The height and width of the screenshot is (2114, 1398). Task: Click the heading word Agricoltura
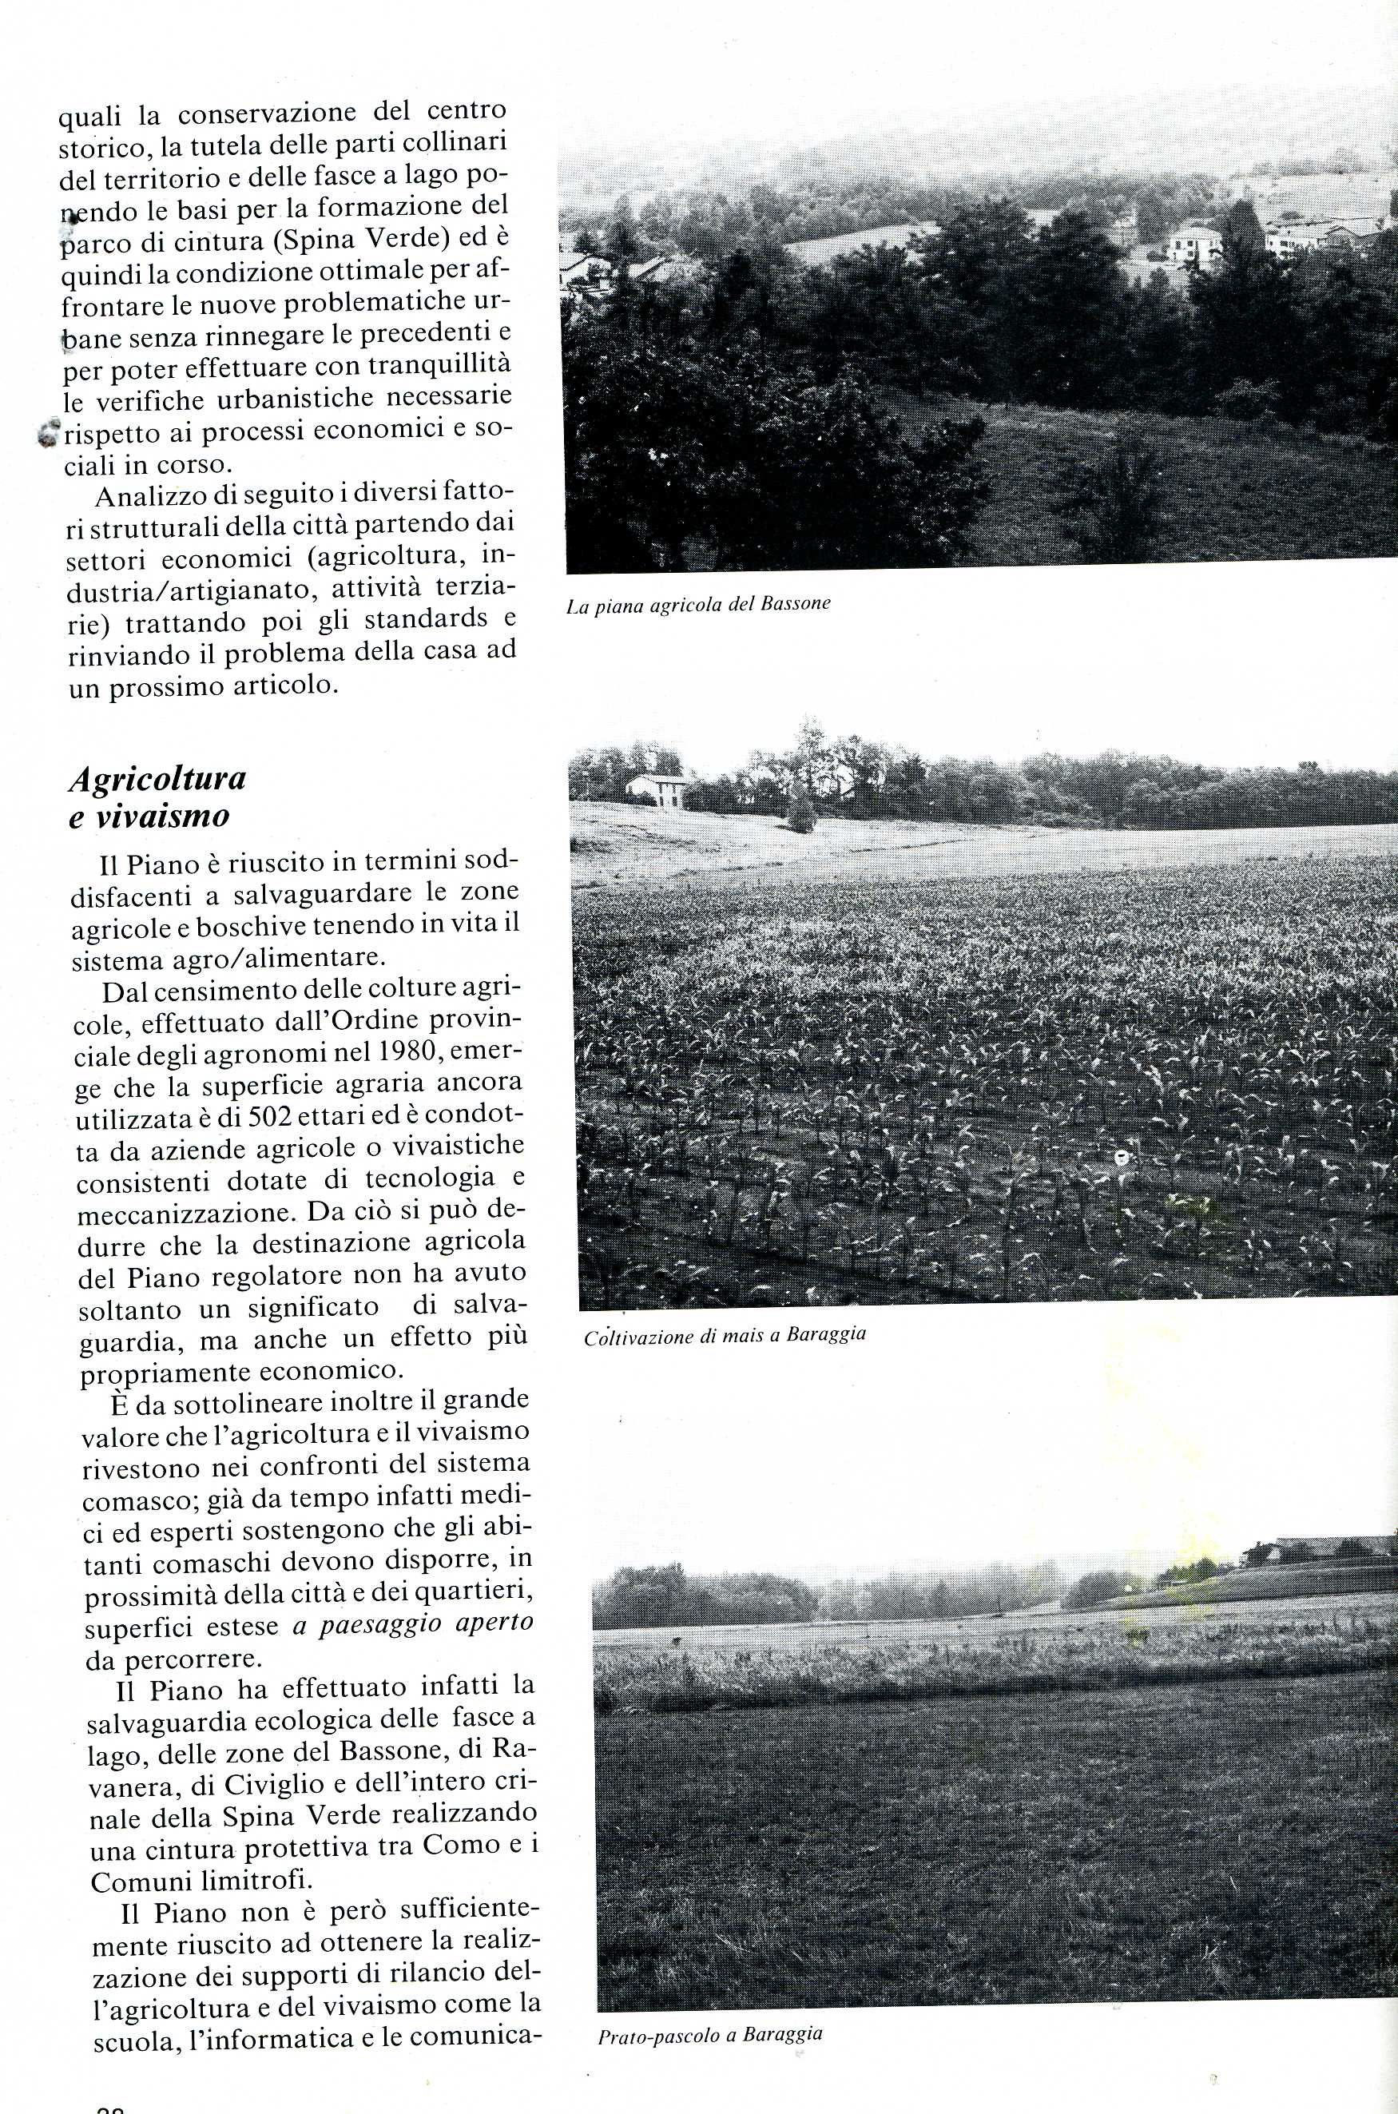coord(157,778)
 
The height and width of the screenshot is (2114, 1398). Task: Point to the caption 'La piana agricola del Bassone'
coord(698,604)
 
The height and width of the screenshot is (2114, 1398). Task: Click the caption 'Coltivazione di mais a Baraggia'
coord(725,1337)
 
